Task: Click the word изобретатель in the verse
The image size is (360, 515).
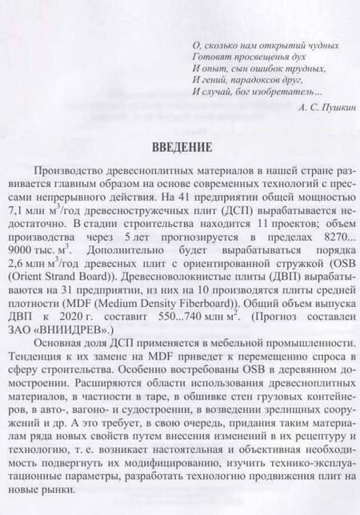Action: [283, 92]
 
